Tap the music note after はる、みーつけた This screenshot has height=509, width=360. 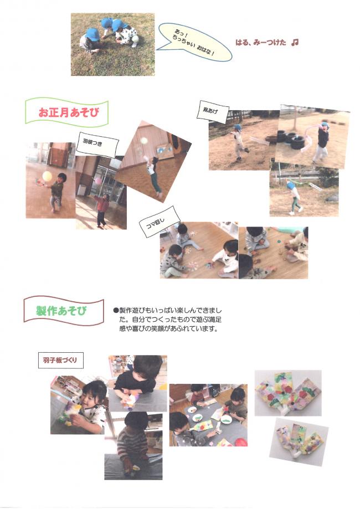[x=295, y=42]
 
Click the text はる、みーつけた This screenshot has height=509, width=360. [x=260, y=43]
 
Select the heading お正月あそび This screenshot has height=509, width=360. [x=66, y=112]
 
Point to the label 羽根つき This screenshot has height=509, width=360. [x=96, y=143]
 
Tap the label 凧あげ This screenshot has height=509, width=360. [x=212, y=114]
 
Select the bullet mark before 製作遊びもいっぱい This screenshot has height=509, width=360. [x=116, y=311]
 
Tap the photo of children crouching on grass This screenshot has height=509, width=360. [x=112, y=44]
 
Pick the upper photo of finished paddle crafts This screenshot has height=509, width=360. [x=287, y=393]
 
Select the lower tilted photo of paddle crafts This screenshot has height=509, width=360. [x=298, y=439]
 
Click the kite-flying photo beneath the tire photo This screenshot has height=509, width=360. [x=304, y=192]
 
